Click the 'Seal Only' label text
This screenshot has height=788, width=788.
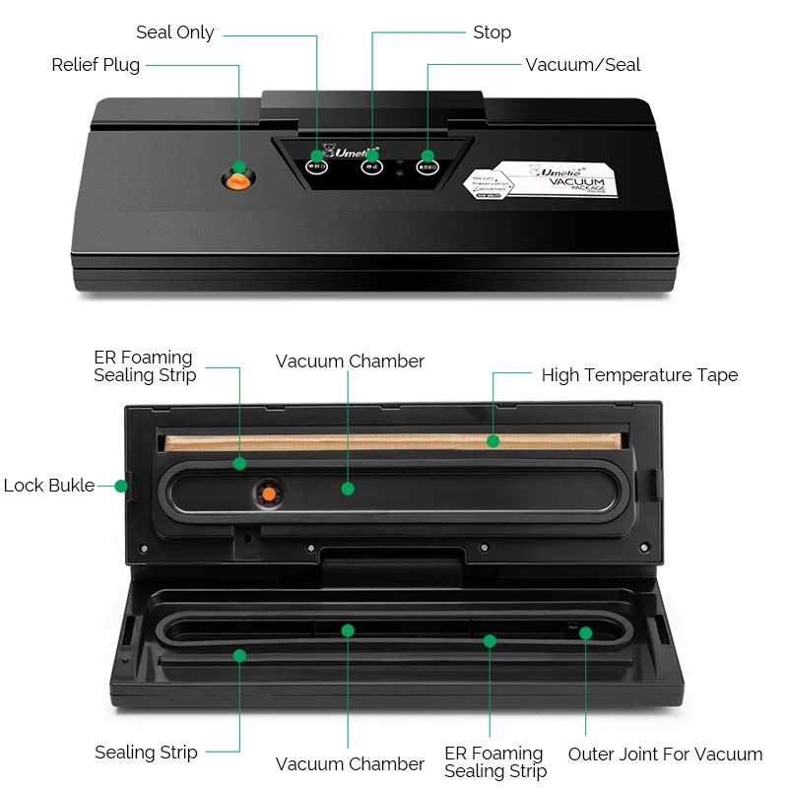[174, 33]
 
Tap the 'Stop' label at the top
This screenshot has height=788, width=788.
[492, 33]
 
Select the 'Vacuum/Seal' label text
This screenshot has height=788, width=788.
[583, 65]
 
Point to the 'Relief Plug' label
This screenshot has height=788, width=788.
[96, 65]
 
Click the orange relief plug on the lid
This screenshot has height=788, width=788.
[237, 178]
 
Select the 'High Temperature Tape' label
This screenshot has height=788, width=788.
[639, 375]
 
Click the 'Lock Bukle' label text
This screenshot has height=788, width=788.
[49, 486]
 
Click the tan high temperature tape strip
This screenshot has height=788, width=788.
[394, 439]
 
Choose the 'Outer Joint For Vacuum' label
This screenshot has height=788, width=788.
[665, 755]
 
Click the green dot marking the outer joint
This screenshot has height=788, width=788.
[585, 632]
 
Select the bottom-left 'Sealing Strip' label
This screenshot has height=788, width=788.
[146, 753]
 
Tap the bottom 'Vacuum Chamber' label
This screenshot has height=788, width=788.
[350, 764]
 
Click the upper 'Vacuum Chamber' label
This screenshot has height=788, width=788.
[350, 361]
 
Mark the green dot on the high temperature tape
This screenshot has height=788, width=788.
[493, 440]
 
